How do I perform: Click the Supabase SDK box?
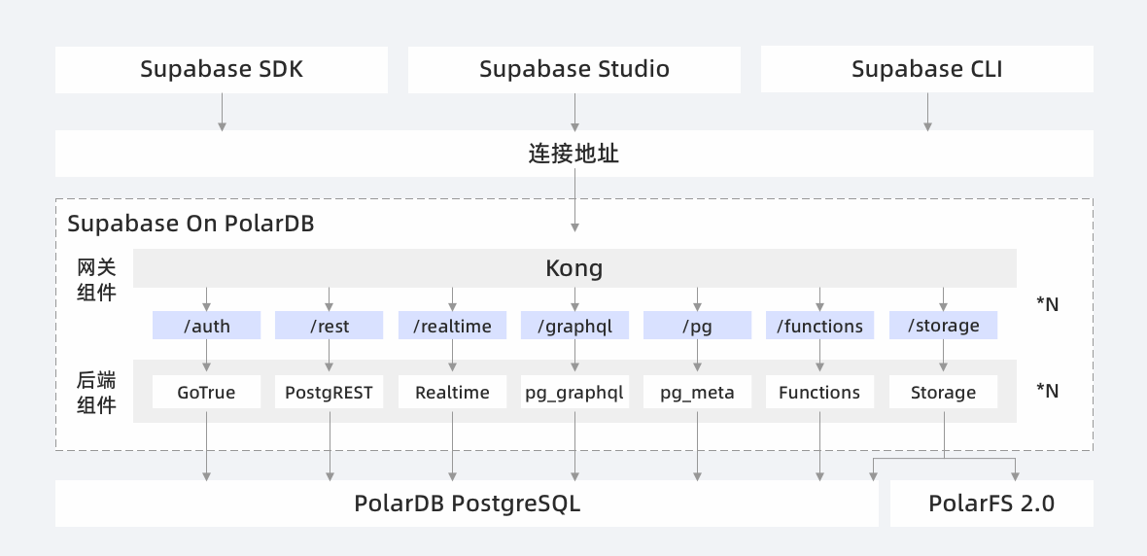pyautogui.click(x=222, y=69)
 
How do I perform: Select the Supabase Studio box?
pyautogui.click(x=574, y=69)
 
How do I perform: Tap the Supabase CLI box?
pyautogui.click(x=926, y=69)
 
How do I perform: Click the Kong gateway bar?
pyautogui.click(x=574, y=268)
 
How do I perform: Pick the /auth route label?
pyautogui.click(x=206, y=326)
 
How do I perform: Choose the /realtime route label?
pyautogui.click(x=452, y=326)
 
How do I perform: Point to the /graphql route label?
pyautogui.click(x=574, y=326)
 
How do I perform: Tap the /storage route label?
pyautogui.click(x=943, y=326)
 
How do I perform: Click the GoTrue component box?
pyautogui.click(x=206, y=393)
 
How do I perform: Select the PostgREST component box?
pyautogui.click(x=329, y=393)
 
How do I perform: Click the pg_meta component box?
pyautogui.click(x=697, y=393)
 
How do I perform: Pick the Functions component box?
pyautogui.click(x=819, y=393)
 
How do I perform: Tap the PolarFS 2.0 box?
pyautogui.click(x=991, y=504)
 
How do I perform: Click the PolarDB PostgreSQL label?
pyautogui.click(x=467, y=504)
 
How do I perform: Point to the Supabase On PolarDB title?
pyautogui.click(x=191, y=224)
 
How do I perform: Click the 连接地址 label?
pyautogui.click(x=574, y=154)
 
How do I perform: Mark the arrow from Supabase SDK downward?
pyautogui.click(x=222, y=112)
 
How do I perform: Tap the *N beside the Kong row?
pyautogui.click(x=1047, y=304)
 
